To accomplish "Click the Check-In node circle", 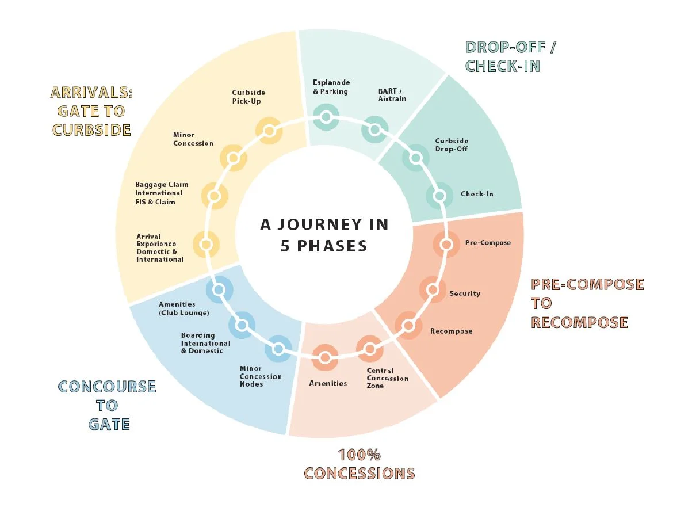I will tap(439, 196).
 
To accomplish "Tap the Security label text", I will tap(464, 293).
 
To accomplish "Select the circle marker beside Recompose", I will tap(408, 326).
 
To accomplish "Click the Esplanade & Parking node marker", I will tap(326, 117).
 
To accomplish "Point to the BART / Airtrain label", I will tap(392, 95).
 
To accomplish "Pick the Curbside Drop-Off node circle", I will tap(415, 158).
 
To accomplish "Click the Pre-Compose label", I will tap(488, 243).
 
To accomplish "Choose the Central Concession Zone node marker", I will tap(370, 348).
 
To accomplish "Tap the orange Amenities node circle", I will tap(325, 358).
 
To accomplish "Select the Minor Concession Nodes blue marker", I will tap(278, 349).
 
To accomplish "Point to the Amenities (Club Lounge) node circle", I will tap(219, 289).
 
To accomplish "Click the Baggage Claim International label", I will tap(162, 189).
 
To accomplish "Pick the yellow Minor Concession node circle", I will tap(234, 157).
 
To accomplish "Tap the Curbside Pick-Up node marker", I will tap(269, 131).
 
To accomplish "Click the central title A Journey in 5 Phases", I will tap(324, 235).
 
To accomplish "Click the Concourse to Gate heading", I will tap(108, 405).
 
